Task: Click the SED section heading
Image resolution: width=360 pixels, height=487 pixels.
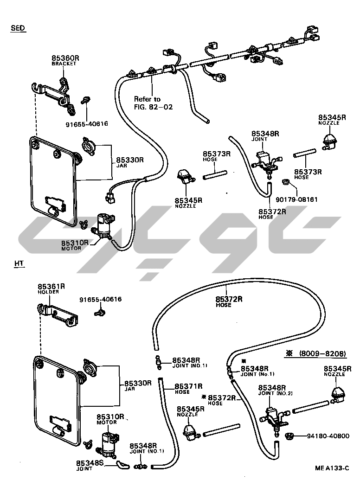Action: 18,28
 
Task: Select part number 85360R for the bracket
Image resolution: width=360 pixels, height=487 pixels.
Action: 65,58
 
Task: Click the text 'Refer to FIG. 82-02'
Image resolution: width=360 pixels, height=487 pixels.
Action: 153,103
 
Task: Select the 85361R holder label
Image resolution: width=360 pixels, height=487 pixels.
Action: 51,287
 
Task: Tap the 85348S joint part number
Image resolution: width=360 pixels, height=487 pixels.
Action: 90,463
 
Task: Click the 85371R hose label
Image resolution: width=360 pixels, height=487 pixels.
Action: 188,386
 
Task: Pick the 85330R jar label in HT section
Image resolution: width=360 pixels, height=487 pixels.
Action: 138,383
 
